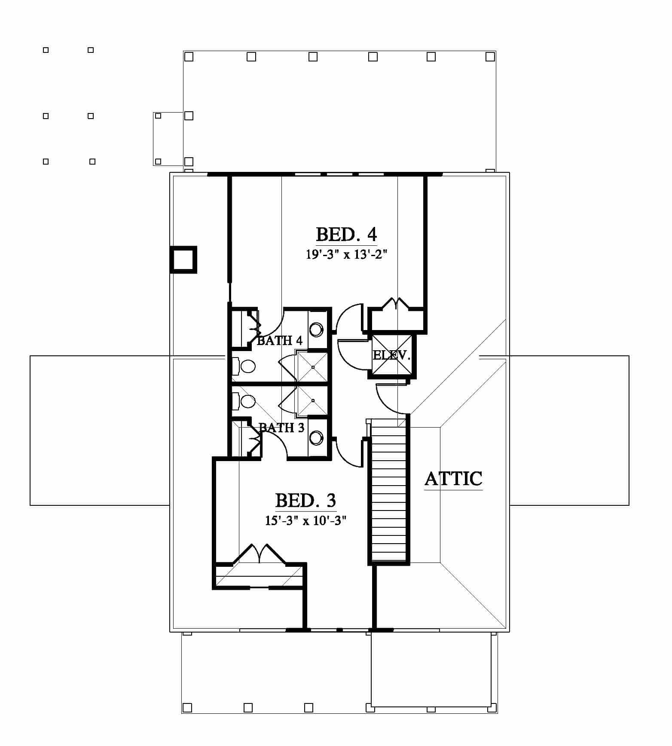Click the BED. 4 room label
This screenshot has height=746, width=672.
(346, 235)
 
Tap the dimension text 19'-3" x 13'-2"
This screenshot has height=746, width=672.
(347, 254)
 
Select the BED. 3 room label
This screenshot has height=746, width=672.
(305, 501)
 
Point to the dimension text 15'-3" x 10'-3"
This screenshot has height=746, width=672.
(305, 520)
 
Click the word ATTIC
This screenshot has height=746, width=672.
(453, 479)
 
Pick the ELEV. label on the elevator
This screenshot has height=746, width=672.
(391, 355)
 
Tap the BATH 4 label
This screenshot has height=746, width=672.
(280, 341)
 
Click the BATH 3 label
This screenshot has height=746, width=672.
(281, 428)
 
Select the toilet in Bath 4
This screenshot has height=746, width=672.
(244, 366)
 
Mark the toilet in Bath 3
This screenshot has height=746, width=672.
(244, 401)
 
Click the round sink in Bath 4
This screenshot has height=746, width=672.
(317, 330)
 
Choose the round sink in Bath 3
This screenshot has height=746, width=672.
(317, 437)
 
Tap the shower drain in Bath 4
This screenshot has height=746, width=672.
(313, 367)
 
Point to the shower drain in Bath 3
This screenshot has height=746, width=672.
(313, 401)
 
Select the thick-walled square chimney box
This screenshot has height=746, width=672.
(183, 260)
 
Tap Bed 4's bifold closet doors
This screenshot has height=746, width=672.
(394, 303)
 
